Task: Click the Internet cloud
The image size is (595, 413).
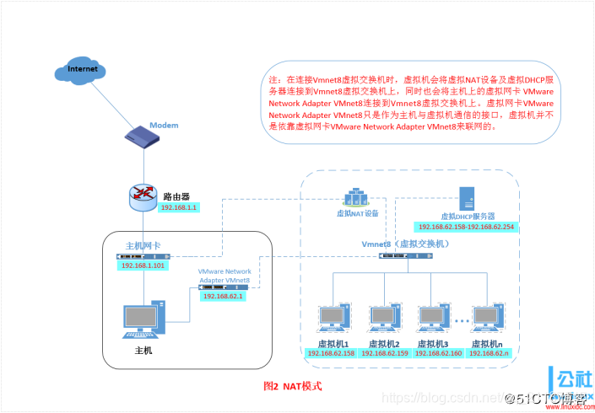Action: (x=83, y=70)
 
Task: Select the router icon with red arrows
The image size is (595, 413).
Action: (x=143, y=196)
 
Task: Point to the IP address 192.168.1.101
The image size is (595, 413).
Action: (x=143, y=264)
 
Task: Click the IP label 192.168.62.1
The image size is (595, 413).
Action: (x=222, y=296)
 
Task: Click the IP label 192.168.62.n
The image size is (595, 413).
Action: (x=487, y=354)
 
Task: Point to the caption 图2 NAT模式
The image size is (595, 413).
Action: (x=293, y=385)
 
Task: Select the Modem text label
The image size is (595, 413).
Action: (x=164, y=126)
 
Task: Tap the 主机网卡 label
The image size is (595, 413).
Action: (x=143, y=245)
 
